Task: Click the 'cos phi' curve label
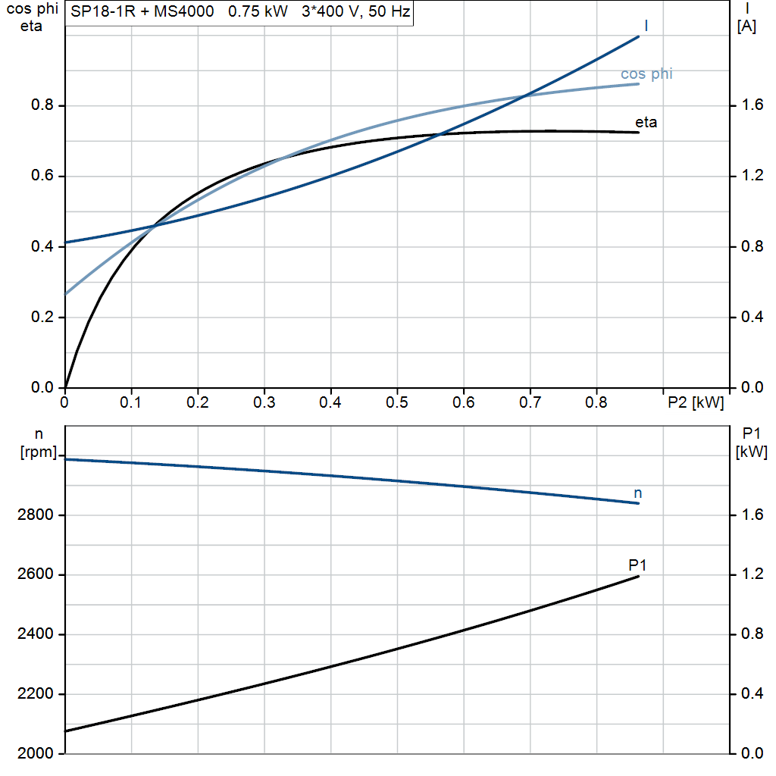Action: tap(646, 74)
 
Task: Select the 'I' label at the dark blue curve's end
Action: tap(646, 26)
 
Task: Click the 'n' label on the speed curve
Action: tap(637, 493)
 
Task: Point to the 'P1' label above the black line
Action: tap(637, 565)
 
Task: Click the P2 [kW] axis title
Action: tap(695, 402)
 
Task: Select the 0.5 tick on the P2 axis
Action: tap(396, 402)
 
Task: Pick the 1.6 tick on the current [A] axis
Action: tap(752, 105)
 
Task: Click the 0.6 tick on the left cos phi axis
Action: tap(42, 176)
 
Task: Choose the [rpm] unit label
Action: tap(37, 452)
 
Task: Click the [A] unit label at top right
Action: tap(746, 27)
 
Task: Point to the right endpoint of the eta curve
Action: tap(639, 133)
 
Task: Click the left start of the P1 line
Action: tap(67, 731)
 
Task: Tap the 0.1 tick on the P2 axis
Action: tap(131, 402)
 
